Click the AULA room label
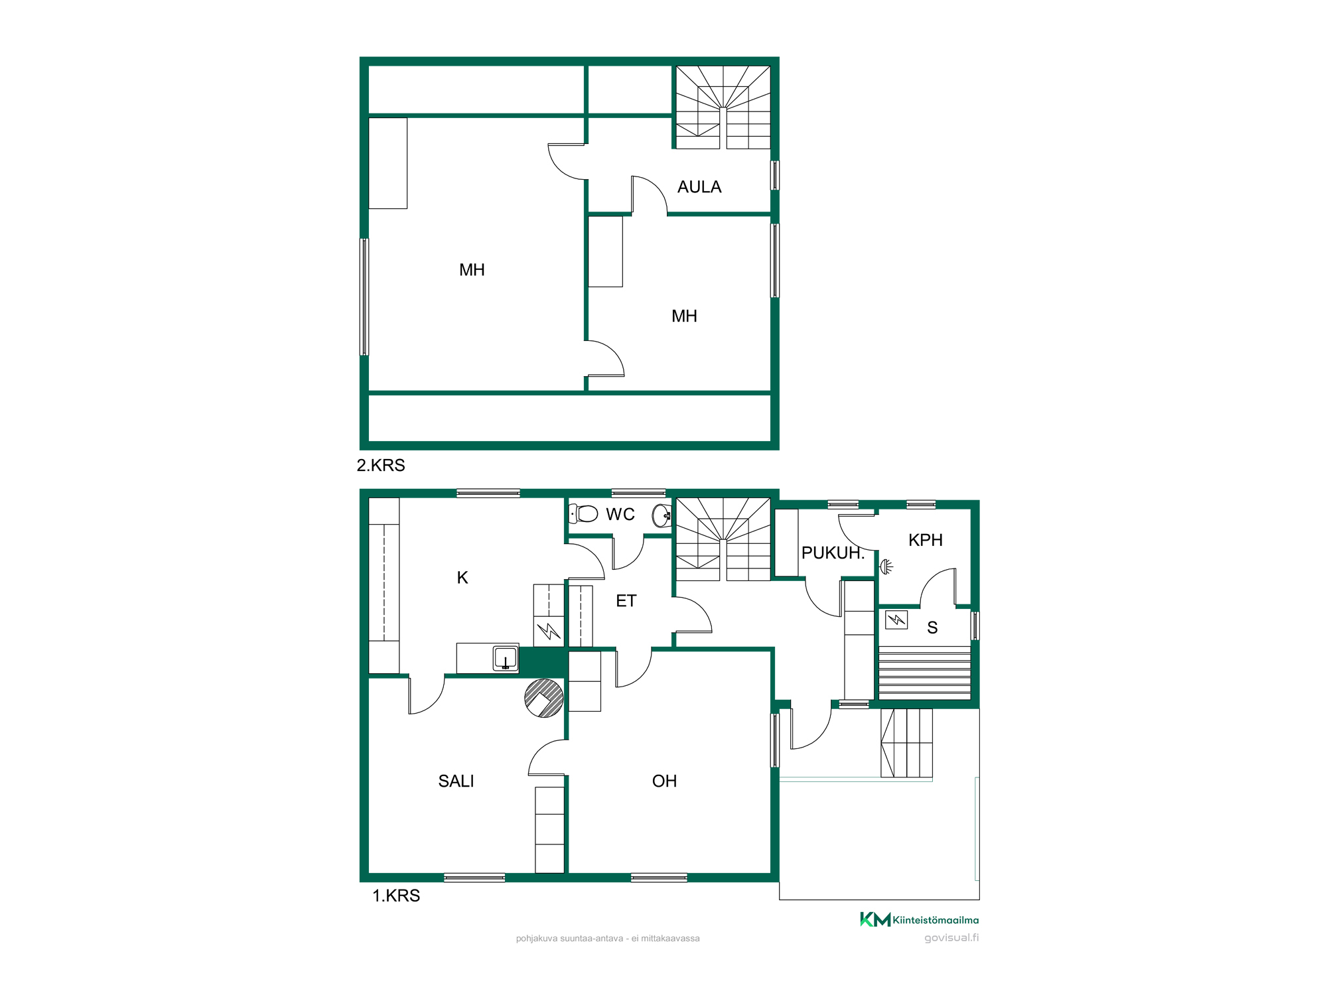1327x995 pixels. (699, 187)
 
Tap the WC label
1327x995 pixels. (620, 514)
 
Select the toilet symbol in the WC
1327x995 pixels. (584, 513)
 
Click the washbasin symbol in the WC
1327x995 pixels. (662, 515)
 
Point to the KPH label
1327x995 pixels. (926, 540)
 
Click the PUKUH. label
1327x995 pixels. (833, 553)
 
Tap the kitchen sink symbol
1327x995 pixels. (506, 658)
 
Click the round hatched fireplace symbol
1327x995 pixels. (544, 698)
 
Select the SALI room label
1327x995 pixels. (456, 781)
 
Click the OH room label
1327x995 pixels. (664, 781)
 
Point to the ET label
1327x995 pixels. (626, 601)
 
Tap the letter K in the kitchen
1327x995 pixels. (462, 578)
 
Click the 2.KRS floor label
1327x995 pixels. (381, 465)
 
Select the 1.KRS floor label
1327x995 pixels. (396, 895)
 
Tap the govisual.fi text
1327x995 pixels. (951, 937)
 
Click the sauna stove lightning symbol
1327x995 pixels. (896, 620)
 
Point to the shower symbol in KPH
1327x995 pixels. (886, 566)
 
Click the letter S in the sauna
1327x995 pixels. (932, 628)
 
